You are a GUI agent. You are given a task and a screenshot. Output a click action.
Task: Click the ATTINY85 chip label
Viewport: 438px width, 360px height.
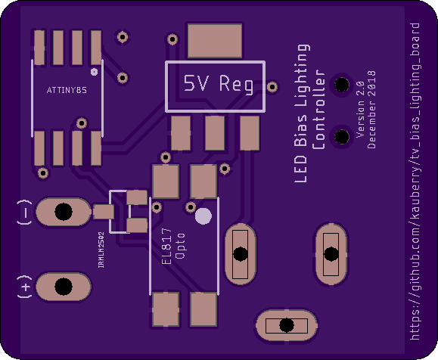(x=67, y=90)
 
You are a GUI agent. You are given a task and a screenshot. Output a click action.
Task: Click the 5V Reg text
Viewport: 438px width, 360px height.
(x=219, y=83)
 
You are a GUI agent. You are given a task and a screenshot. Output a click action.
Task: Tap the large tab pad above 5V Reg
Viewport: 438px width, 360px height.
(x=215, y=41)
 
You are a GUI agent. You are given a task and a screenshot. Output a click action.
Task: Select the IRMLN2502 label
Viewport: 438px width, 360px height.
(x=101, y=250)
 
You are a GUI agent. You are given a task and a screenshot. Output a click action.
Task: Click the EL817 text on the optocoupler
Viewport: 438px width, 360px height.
(x=166, y=246)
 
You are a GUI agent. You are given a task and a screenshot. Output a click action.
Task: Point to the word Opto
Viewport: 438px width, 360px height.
(x=179, y=246)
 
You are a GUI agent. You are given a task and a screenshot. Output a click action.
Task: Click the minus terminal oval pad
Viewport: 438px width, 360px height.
(x=64, y=212)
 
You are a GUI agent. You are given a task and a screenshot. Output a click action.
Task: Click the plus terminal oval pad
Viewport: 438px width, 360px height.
(x=64, y=287)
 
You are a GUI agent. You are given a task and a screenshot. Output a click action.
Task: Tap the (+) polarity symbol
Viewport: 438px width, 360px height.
(x=25, y=287)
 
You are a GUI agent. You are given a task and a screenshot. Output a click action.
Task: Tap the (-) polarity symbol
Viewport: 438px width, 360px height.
(x=25, y=213)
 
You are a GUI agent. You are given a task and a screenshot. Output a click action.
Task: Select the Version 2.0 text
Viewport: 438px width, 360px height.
(x=360, y=110)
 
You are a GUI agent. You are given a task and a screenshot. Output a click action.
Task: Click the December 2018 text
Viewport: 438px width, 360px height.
(x=371, y=110)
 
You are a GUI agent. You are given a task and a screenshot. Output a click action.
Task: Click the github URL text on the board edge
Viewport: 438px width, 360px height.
(x=415, y=182)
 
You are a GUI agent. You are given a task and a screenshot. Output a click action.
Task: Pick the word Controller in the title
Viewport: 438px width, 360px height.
(x=318, y=110)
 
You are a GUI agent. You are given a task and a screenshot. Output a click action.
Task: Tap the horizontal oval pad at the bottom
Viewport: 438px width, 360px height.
(x=287, y=325)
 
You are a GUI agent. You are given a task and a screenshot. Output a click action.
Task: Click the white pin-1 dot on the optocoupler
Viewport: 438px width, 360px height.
(x=203, y=216)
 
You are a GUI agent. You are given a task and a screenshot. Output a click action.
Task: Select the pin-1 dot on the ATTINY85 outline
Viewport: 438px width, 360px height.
(x=95, y=72)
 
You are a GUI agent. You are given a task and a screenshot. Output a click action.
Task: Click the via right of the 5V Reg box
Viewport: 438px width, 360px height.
(x=272, y=86)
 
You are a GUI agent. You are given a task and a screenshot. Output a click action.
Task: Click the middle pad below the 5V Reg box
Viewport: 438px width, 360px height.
(x=215, y=133)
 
